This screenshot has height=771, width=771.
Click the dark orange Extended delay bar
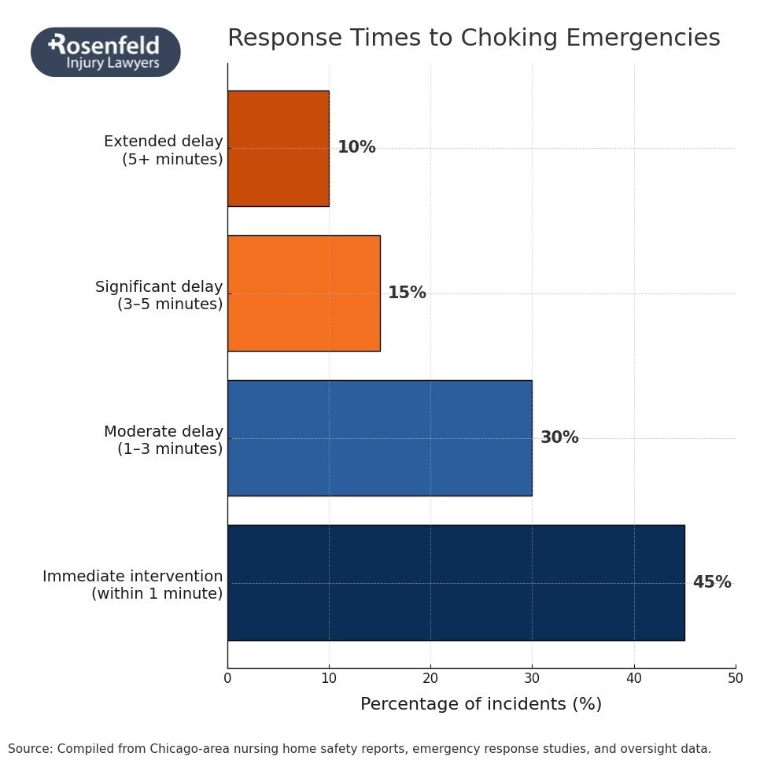coord(278,148)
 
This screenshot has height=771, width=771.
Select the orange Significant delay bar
coord(304,293)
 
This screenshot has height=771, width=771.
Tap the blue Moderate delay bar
coord(379,437)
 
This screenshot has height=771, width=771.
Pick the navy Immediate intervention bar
coord(456,582)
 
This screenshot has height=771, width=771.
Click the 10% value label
coord(356,148)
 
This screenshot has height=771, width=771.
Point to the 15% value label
coord(407,293)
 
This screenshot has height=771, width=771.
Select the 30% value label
coord(559,437)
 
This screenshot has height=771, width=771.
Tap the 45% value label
coord(711,582)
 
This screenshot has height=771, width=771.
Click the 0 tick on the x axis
coord(227,678)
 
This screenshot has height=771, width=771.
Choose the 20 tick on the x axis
coord(430,678)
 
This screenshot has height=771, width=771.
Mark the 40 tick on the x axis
coord(634,678)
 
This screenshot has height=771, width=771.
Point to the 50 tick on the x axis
coord(735,678)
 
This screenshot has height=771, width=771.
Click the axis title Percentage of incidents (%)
coord(481,704)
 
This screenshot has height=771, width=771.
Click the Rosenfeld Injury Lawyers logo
coord(105,52)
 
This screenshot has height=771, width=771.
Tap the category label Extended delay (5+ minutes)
coord(164,150)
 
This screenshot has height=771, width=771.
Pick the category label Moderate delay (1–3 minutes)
coord(164,440)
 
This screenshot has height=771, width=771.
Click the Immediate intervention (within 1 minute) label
coord(133,585)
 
